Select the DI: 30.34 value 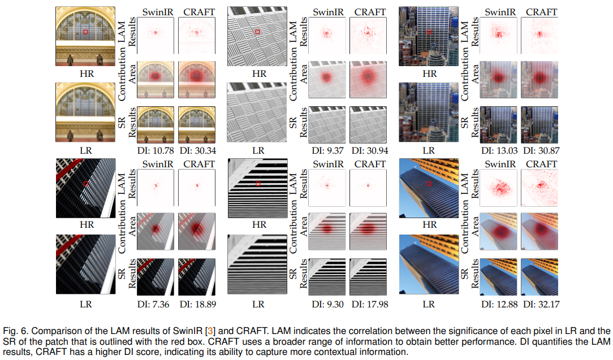198,150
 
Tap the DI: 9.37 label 327,150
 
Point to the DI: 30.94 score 370,150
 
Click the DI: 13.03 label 499,150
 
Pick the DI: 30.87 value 541,150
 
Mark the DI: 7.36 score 153,304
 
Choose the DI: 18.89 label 198,304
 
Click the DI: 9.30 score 327,304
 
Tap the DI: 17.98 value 370,304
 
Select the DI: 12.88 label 499,304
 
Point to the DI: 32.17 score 541,304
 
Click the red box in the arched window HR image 85,32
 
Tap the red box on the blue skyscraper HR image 429,184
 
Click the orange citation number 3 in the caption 210,331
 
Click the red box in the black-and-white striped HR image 258,184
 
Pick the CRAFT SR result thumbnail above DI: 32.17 539,277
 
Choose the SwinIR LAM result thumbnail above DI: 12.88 498,188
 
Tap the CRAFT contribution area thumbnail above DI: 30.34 197,79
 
